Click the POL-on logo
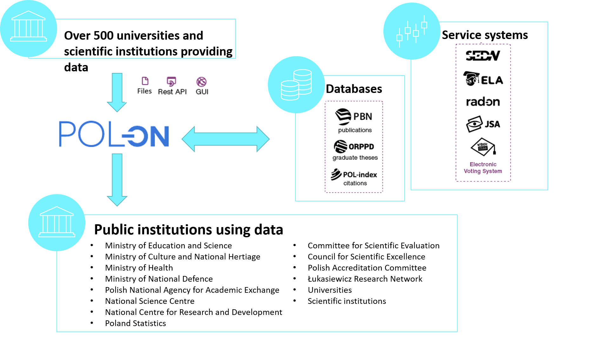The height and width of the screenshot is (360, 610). coord(114,134)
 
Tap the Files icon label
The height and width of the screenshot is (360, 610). coord(144,91)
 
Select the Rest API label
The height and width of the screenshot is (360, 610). coord(172,92)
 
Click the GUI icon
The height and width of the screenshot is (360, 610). coord(202,82)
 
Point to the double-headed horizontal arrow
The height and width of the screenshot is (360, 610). coord(225,139)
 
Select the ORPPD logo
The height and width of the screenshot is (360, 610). coord(354,147)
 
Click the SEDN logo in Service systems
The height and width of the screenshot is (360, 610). coord(483,56)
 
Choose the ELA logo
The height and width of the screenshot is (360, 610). coord(483,79)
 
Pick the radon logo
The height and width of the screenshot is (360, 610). coord(483,102)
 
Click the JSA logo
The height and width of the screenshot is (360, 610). coord(483,124)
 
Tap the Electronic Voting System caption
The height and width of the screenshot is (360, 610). coord(483,168)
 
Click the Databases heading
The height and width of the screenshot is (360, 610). coord(354,89)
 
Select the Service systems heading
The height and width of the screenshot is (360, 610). coord(485,35)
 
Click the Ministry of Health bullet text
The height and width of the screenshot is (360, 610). coord(139,268)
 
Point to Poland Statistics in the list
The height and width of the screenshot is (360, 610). coord(136,323)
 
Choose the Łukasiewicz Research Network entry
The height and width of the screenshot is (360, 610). coord(365,279)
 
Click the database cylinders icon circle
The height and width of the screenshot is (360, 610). coord(296,85)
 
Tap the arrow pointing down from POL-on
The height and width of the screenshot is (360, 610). coord(117,180)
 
